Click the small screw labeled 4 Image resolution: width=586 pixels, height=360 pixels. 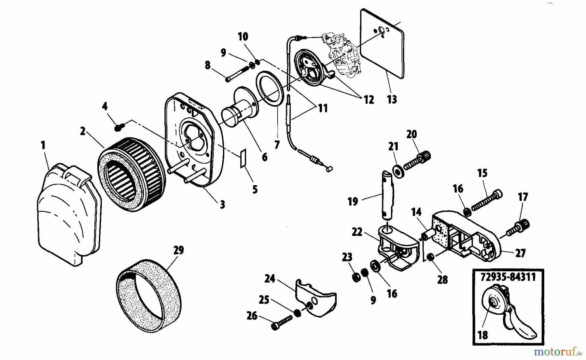(118, 127)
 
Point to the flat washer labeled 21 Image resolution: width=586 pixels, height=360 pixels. (397, 171)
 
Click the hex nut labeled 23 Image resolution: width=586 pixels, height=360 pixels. (356, 277)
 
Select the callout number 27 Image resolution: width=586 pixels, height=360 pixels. (520, 253)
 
